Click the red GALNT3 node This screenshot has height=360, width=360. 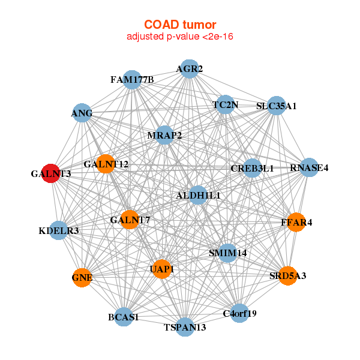click(x=51, y=173)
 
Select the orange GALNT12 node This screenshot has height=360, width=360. click(x=106, y=164)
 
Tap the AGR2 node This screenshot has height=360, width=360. click(x=190, y=69)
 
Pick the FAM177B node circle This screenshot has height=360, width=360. click(x=132, y=80)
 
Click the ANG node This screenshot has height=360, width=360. click(x=82, y=113)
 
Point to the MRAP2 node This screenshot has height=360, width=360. click(x=164, y=135)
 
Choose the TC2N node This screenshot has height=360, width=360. click(x=226, y=104)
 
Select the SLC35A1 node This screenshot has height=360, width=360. click(x=277, y=106)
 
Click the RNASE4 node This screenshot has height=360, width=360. click(x=309, y=167)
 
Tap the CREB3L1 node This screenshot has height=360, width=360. click(x=253, y=168)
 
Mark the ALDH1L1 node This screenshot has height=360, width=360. click(x=198, y=195)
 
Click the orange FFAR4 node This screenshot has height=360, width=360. click(x=296, y=222)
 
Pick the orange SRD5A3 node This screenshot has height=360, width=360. click(x=287, y=276)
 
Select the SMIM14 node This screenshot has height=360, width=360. click(x=227, y=253)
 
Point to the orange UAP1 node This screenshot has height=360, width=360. click(x=162, y=269)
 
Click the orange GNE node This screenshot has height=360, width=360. click(x=82, y=278)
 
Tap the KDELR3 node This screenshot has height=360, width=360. click(x=59, y=230)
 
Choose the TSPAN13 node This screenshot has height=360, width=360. click(x=185, y=327)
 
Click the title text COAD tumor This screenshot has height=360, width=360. click(x=180, y=25)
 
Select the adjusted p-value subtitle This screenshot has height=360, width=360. click(x=180, y=37)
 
